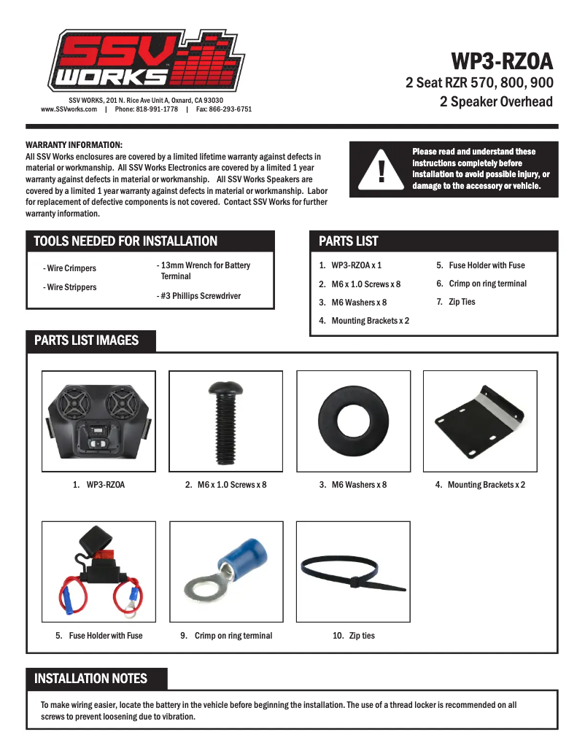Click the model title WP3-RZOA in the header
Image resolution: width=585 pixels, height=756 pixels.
(502, 60)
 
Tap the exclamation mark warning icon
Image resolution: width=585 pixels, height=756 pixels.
(381, 171)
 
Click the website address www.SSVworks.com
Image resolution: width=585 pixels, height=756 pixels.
(69, 109)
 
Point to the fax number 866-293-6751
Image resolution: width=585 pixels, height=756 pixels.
(224, 109)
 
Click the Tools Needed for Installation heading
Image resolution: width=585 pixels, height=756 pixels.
(125, 241)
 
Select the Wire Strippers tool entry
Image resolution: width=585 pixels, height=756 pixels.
(69, 287)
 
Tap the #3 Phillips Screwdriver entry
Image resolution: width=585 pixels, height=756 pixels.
(198, 296)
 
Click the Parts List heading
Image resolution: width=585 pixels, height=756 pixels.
(349, 241)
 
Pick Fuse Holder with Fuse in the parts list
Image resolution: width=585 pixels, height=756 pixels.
(481, 265)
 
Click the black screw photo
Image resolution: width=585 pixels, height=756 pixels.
(225, 421)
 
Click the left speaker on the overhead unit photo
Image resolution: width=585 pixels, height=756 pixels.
(77, 405)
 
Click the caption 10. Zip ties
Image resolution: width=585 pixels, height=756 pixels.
(354, 636)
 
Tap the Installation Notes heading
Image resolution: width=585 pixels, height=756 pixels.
(90, 679)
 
